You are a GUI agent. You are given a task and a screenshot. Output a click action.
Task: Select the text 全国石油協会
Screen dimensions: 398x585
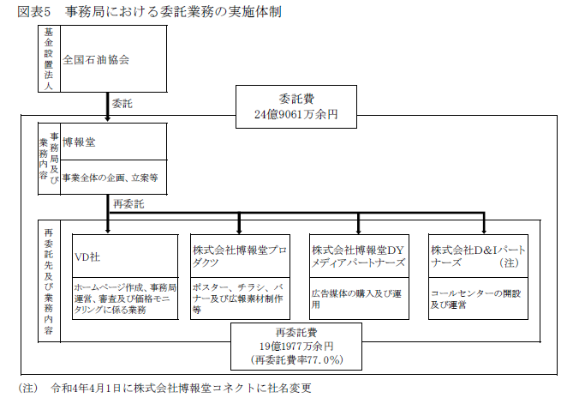(96, 60)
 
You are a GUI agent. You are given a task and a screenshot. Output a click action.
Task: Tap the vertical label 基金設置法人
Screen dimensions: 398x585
(49, 58)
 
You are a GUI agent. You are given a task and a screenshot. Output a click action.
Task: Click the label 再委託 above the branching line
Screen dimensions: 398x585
(128, 204)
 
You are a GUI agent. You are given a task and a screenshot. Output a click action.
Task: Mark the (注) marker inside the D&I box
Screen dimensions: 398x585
(511, 263)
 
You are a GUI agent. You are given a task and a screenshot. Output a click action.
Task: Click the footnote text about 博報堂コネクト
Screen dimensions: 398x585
(180, 387)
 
